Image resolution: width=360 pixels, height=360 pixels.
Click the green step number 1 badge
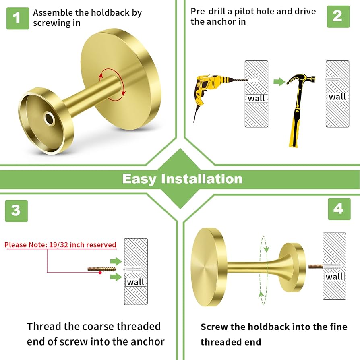coord(17,18)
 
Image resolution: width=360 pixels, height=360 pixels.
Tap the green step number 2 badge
coord(337,16)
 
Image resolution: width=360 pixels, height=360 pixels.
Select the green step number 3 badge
coord(16,211)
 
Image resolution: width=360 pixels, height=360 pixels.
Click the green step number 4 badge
coord(339,209)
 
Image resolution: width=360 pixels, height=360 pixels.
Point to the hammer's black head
coord(300,78)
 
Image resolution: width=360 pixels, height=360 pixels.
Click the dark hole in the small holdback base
coord(50,118)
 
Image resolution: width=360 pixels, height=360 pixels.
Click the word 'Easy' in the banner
coord(139,179)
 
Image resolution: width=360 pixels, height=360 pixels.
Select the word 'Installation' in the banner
coord(202,179)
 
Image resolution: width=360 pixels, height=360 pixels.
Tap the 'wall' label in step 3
coord(136,282)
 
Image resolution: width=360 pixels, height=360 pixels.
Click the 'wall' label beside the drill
coord(257,98)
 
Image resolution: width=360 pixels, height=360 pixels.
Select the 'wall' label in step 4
coord(334,277)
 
